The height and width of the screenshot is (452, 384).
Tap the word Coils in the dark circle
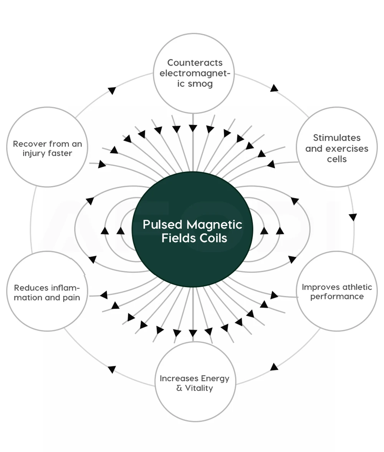tap(213, 238)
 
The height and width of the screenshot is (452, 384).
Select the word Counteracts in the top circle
tap(195, 63)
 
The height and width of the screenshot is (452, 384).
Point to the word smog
tap(200, 84)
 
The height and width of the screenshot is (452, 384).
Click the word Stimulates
tap(337, 138)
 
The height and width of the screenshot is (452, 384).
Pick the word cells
tap(337, 159)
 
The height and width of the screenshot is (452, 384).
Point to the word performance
tap(337, 297)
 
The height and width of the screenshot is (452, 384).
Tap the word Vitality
tap(199, 388)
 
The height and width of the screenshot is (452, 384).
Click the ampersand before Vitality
tap(179, 388)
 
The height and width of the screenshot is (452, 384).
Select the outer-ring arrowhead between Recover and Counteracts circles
tap(112, 91)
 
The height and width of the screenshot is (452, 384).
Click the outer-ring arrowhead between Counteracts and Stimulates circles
tap(274, 88)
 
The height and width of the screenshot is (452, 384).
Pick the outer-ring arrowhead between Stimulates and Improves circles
tap(353, 217)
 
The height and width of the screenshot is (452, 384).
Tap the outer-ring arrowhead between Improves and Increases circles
tap(274, 367)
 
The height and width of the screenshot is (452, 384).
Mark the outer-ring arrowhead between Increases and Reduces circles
tap(112, 369)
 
